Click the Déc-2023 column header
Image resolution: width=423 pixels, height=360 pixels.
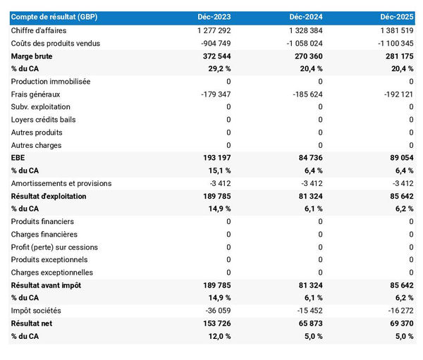point(215,16)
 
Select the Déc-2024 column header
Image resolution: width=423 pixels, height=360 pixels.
point(307,16)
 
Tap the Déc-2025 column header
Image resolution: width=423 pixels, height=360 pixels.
point(397,16)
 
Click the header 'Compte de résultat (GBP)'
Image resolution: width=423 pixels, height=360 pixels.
point(54,16)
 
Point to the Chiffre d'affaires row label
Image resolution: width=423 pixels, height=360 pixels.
point(41,30)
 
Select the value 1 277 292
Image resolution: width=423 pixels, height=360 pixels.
point(209,30)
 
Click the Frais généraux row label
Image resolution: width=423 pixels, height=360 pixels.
point(36,94)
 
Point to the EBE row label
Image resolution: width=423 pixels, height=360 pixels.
point(18,158)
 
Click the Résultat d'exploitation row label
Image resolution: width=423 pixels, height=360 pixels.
point(49,196)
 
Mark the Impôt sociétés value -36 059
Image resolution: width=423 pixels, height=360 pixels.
point(216,311)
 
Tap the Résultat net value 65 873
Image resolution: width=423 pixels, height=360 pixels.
point(309,323)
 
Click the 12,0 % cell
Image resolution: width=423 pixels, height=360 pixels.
point(217,336)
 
